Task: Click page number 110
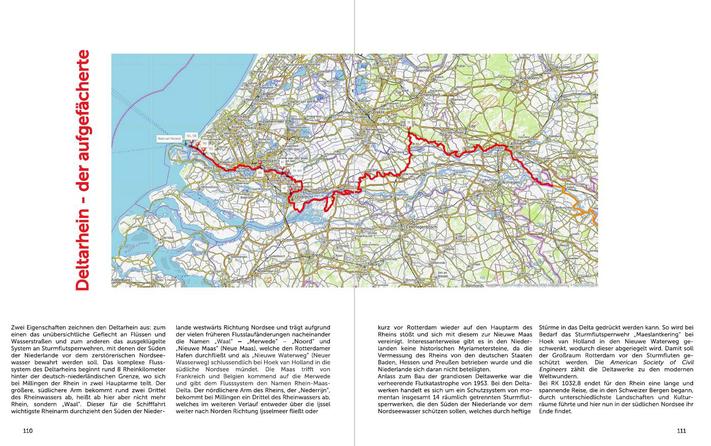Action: coord(28,431)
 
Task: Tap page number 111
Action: coord(681,431)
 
